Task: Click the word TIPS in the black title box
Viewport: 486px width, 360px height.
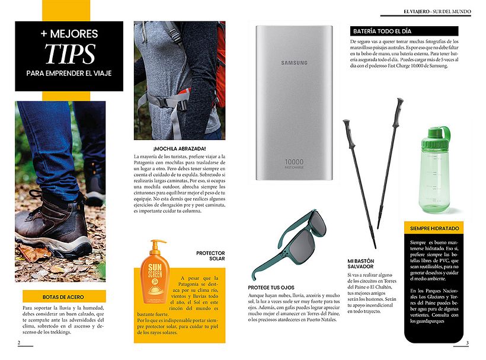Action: [69, 53]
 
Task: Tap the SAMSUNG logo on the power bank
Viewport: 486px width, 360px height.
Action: [295, 62]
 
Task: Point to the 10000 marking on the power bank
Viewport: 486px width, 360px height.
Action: [295, 161]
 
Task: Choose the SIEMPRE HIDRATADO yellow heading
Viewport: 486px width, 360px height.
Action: [434, 228]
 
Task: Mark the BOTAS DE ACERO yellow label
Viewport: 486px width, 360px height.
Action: [63, 296]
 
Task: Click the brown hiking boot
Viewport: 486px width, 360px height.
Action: [52, 228]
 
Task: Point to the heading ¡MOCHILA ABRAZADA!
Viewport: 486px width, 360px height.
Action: [179, 148]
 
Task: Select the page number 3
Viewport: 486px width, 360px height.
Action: [467, 343]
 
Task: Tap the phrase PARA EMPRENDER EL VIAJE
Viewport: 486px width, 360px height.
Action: [69, 73]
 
